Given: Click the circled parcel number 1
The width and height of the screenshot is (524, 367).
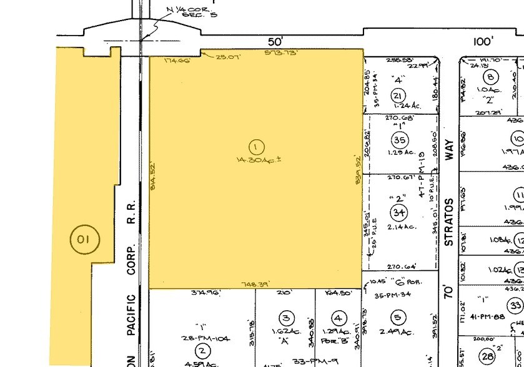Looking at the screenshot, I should [x=255, y=147].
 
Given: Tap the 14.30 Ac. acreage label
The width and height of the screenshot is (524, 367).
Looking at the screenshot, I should [x=256, y=160].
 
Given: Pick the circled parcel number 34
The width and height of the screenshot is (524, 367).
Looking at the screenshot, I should [x=398, y=213].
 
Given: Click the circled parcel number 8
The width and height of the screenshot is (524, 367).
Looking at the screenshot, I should [x=492, y=77].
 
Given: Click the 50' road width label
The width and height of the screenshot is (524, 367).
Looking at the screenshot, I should [x=275, y=42].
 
